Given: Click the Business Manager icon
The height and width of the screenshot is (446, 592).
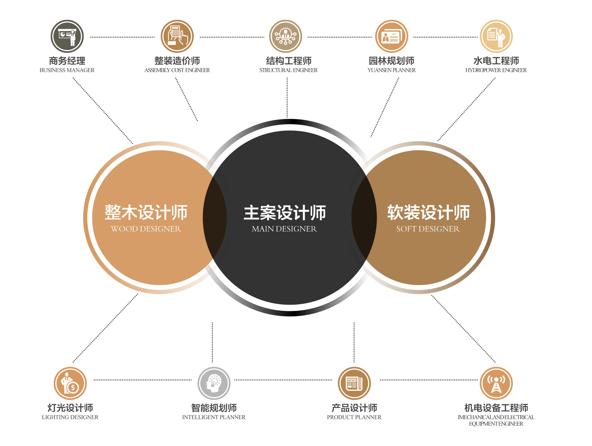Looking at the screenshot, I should click(67, 36).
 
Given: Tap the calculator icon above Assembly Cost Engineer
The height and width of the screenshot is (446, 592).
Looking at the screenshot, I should click(177, 36).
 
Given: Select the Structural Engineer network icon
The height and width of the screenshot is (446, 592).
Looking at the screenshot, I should click(285, 36).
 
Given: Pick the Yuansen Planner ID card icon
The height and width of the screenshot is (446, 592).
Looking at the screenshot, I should click(392, 36).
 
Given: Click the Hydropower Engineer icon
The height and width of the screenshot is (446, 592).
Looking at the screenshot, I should click(496, 36).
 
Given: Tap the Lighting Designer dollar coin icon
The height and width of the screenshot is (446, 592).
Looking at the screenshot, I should click(70, 383).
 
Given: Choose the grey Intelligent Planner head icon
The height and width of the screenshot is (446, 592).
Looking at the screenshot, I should click(214, 383).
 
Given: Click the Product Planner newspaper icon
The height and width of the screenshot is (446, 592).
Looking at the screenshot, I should click(354, 383).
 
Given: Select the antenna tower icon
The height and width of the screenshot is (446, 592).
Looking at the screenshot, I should click(496, 383).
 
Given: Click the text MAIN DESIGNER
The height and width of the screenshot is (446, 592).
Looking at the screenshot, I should click(284, 229).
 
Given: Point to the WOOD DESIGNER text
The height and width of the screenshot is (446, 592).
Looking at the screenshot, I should click(146, 229).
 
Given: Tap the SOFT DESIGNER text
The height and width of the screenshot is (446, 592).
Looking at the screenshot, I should click(428, 229).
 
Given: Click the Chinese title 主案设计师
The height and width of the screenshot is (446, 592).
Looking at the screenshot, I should click(285, 213).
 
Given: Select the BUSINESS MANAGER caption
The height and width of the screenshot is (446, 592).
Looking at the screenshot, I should click(67, 70).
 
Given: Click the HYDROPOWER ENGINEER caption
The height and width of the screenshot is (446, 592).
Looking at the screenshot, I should click(496, 70).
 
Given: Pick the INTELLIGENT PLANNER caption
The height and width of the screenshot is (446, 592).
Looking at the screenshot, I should click(214, 417).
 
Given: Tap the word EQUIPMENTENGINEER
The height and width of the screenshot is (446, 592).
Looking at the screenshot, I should click(496, 424).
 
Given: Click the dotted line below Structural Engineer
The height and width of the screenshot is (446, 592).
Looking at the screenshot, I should click(287, 98).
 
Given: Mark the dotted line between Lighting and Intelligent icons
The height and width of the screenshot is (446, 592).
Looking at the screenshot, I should click(143, 380).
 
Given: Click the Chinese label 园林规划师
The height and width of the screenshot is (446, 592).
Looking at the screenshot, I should click(391, 61).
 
